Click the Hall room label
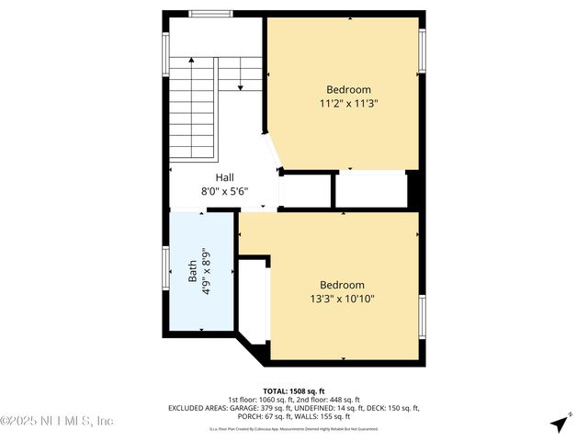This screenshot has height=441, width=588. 225,177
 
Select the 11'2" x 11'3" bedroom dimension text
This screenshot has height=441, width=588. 348,104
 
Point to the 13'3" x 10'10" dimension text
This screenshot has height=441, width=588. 342,299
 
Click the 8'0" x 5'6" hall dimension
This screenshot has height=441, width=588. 225,192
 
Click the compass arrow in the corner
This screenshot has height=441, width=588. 558,424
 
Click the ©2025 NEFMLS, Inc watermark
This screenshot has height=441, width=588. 57,421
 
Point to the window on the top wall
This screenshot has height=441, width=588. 210,14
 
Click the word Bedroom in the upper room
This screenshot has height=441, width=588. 348,90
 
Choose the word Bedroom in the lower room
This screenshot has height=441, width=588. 342,285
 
